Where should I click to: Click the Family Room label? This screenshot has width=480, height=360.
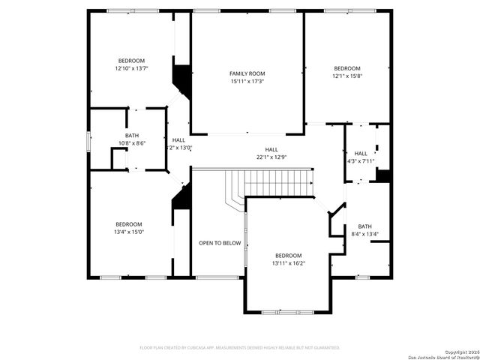tap(247, 73)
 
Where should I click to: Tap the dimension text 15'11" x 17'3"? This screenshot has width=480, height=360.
tap(247, 81)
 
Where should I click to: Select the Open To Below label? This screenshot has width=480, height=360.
tap(220, 243)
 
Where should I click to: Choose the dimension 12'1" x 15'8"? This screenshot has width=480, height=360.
tap(347, 76)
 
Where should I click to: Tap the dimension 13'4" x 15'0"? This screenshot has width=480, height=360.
tap(129, 232)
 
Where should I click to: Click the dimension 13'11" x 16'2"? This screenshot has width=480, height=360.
tap(288, 263)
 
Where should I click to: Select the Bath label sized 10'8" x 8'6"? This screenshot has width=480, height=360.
tap(132, 135)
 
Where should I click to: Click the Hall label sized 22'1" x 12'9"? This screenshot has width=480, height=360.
tap(271, 149)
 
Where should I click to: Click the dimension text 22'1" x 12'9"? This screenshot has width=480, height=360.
tap(271, 157)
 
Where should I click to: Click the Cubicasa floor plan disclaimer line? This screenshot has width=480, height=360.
tap(240, 348)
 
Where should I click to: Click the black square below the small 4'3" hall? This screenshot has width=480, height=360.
tap(383, 175)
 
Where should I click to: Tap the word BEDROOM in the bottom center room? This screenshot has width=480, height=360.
tap(288, 255)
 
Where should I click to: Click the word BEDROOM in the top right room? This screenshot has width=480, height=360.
tap(347, 67)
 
